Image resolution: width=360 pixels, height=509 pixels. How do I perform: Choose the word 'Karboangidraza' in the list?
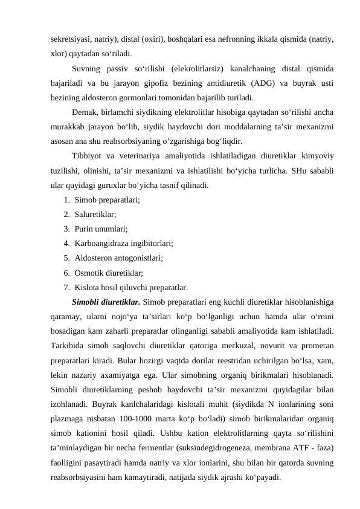pyautogui.click(x=105, y=244)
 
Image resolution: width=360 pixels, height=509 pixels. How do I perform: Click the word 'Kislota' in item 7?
pyautogui.click(x=89, y=287)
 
